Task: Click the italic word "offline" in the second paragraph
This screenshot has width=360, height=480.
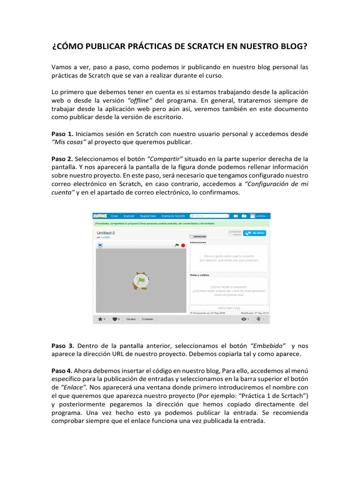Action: point(141,100)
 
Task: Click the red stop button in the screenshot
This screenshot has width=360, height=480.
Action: point(183,245)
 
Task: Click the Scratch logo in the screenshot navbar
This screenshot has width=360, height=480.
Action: point(100,216)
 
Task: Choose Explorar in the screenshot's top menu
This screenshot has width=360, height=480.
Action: point(129,216)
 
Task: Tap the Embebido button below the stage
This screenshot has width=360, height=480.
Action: point(148,319)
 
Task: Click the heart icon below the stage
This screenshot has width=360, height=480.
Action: point(115,319)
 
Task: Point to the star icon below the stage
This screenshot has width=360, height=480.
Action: point(99,319)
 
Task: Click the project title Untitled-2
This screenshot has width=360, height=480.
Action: point(105,232)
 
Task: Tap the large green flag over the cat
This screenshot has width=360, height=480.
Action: point(141,280)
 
